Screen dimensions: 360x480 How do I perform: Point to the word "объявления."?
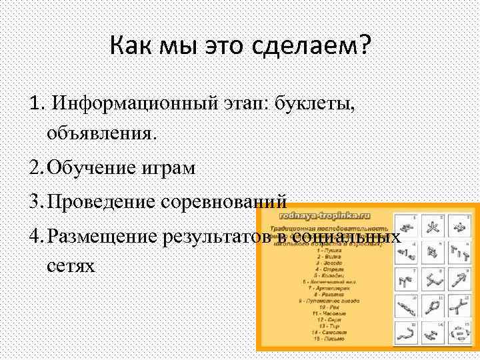tap(102, 133)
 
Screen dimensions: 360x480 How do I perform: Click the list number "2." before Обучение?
tap(37, 168)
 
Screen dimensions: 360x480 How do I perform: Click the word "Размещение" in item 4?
tap(108, 236)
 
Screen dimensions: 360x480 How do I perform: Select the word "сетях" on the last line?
tap(71, 266)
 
